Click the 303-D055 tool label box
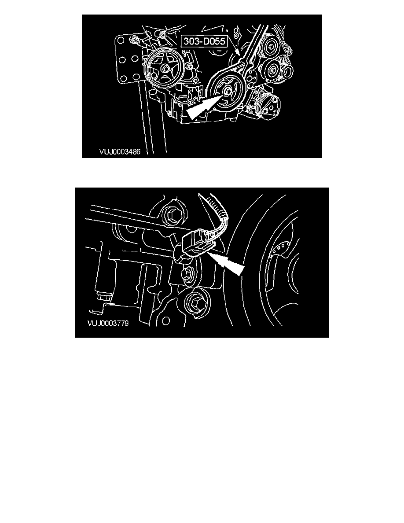(x=204, y=41)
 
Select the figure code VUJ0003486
(x=120, y=152)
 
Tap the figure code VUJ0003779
(x=108, y=323)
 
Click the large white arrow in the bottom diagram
(x=228, y=264)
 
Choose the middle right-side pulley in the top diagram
(x=274, y=70)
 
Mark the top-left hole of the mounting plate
(x=121, y=41)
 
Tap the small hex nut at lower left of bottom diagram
(x=103, y=297)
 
